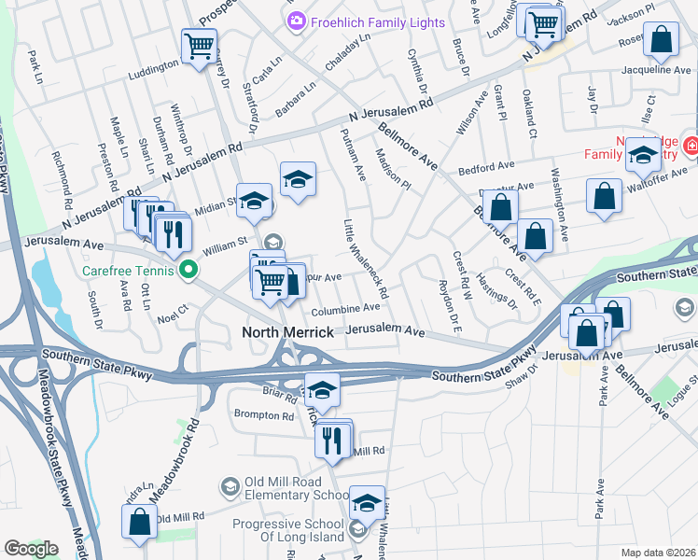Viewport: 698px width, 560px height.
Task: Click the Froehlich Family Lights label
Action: tap(379, 21)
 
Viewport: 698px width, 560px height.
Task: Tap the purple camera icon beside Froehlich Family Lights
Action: tap(297, 21)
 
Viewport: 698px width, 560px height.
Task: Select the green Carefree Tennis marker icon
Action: tap(189, 272)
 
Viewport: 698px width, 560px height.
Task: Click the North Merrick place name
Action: tap(288, 331)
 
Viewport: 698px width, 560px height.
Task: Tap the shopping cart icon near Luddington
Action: tap(199, 45)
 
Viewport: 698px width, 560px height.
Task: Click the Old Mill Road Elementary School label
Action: tap(296, 487)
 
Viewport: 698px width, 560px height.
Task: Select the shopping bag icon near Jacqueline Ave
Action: tap(661, 39)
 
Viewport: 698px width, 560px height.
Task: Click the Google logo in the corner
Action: tap(30, 548)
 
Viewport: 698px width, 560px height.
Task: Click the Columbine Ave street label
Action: tap(346, 307)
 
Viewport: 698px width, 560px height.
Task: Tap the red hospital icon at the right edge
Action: tap(691, 145)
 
